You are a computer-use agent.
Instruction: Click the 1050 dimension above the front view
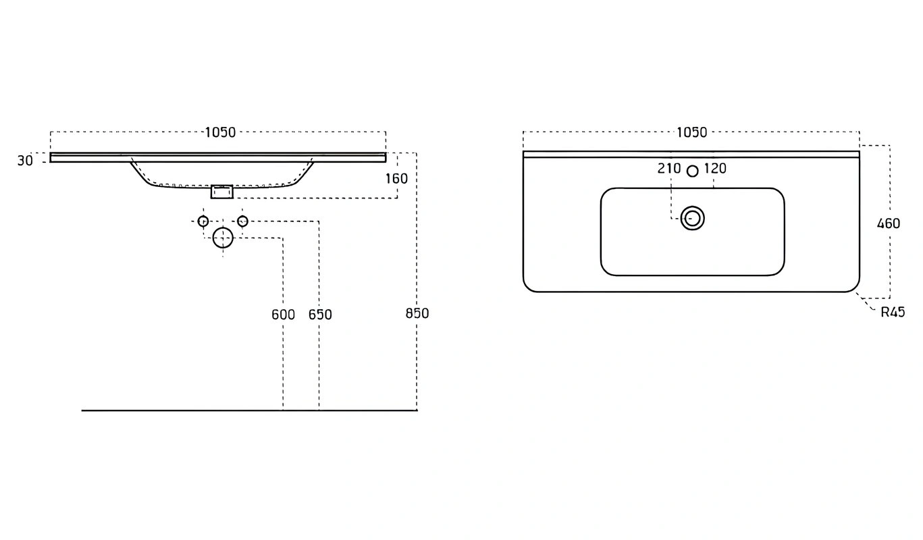tap(220, 132)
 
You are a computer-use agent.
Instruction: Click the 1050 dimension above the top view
tap(692, 132)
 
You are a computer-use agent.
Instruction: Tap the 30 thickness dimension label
tap(25, 161)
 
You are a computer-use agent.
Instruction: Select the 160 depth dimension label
tap(396, 178)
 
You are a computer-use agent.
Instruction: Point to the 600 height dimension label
tap(283, 315)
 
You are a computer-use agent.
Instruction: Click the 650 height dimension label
tap(320, 315)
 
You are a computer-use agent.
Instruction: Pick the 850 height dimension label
tap(417, 313)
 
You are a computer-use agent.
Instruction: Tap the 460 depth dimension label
tap(889, 223)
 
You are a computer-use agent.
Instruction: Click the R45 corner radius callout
tap(893, 313)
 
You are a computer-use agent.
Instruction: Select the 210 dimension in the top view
tap(668, 169)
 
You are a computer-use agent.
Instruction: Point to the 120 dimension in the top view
tap(715, 169)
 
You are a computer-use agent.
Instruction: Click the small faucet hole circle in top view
tap(693, 166)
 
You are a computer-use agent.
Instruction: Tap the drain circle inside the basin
tap(692, 207)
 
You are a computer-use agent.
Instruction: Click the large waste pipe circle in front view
tap(223, 227)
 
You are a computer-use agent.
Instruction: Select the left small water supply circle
tap(203, 216)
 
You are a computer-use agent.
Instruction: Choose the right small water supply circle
tap(242, 216)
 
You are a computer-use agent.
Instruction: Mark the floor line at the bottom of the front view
tap(250, 410)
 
